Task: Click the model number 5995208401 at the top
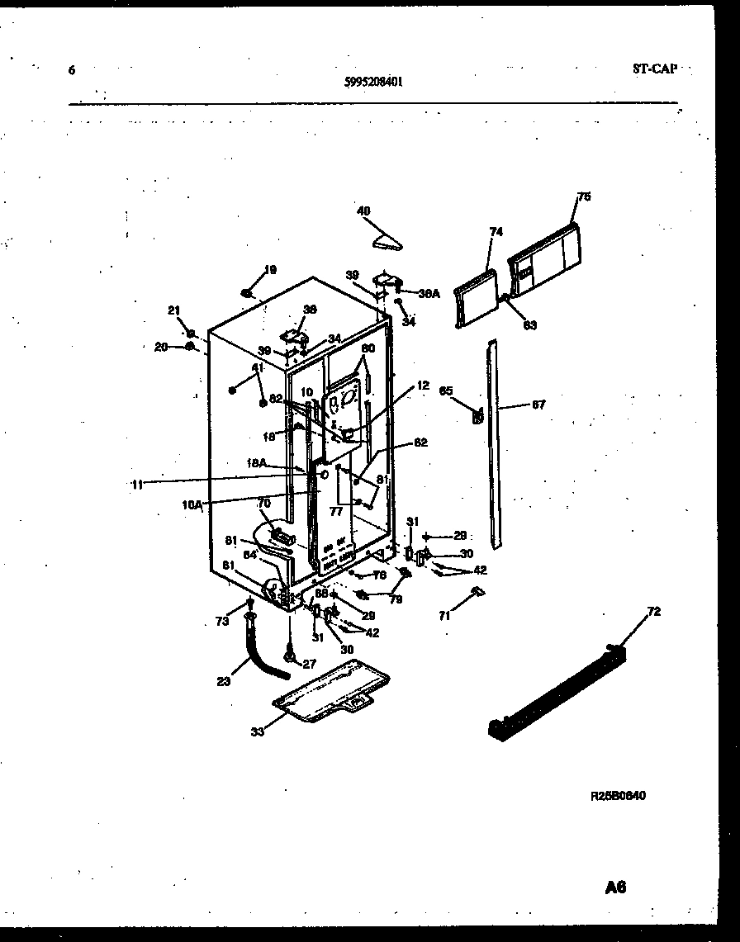(x=373, y=82)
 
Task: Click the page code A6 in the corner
(x=614, y=888)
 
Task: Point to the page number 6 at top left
(x=72, y=70)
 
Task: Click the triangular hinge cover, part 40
(x=386, y=241)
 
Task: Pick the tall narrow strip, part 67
(x=494, y=446)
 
